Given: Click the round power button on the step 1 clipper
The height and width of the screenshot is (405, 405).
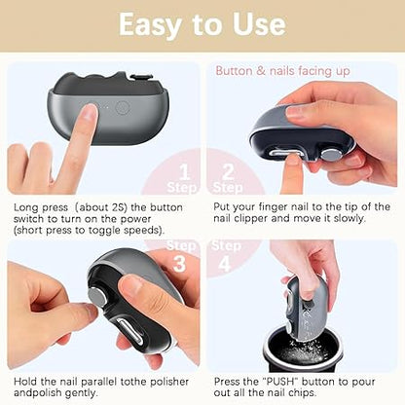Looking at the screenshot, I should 122,108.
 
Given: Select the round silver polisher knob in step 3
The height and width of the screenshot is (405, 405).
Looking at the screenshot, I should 98,298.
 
